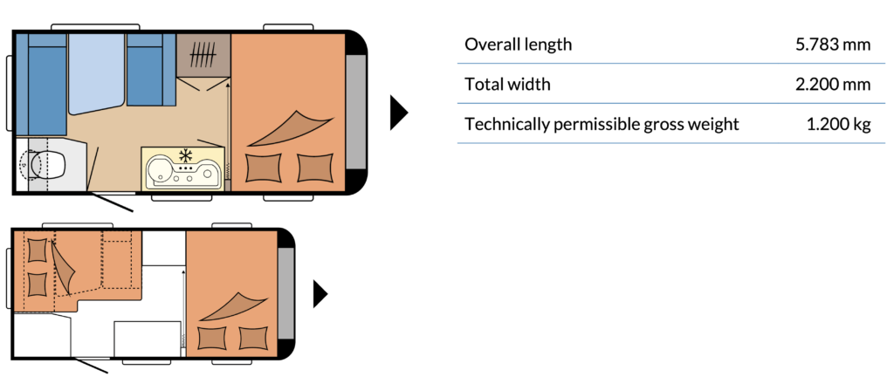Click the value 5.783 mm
(x=833, y=45)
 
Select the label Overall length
(x=518, y=45)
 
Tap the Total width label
(x=507, y=85)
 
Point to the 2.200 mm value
(x=833, y=85)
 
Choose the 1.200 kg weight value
(x=839, y=124)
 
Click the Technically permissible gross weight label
(x=602, y=124)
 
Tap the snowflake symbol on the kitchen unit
(x=185, y=155)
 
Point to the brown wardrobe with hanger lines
(x=203, y=55)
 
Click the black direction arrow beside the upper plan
(x=398, y=113)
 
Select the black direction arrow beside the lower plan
(x=320, y=294)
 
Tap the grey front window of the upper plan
(x=356, y=113)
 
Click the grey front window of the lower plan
(x=285, y=294)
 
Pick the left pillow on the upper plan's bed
(x=263, y=168)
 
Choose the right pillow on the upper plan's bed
(x=315, y=168)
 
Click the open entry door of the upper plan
(x=112, y=202)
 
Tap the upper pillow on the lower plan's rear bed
(x=38, y=250)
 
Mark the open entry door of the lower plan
(x=90, y=365)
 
